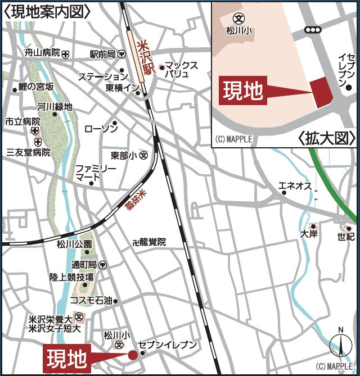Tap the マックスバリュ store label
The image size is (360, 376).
point(182,70)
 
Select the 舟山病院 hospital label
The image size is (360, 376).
point(43,53)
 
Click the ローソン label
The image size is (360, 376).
point(101,129)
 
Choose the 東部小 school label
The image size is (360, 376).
point(124,155)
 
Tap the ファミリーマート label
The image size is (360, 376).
point(96,173)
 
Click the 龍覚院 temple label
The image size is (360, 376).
point(152,242)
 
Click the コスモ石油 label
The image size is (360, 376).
point(91,300)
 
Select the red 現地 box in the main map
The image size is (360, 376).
point(66,357)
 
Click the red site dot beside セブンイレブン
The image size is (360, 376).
point(133,355)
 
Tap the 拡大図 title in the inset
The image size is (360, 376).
point(327,138)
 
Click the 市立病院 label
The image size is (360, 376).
point(23,121)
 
